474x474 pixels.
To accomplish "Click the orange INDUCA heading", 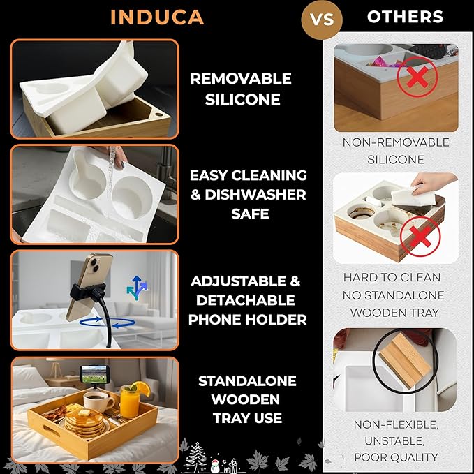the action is (157, 17).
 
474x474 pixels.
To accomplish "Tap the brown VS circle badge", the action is (322, 20).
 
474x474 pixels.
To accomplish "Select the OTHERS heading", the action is (405, 17).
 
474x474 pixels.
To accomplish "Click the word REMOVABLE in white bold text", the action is (241, 78).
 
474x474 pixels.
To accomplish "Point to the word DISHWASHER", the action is (255, 195).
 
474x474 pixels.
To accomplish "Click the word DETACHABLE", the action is (246, 300).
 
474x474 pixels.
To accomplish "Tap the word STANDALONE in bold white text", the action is (247, 381).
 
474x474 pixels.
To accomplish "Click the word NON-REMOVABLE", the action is (396, 142).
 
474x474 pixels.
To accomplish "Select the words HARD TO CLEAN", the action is (392, 278).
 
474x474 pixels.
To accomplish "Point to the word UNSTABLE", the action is (394, 441).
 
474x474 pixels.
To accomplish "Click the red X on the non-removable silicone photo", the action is (417, 77).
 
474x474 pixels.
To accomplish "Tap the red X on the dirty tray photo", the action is (420, 237).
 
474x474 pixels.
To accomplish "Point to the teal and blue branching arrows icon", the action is (137, 288).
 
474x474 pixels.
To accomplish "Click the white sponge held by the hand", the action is (406, 196).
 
